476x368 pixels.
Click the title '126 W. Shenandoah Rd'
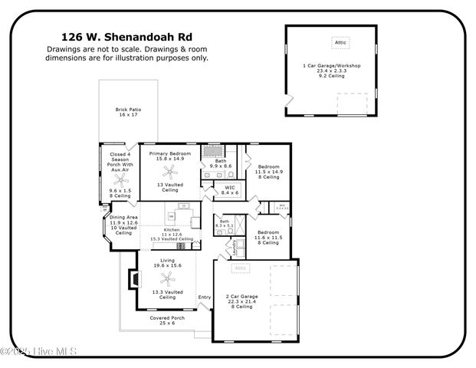point(126,36)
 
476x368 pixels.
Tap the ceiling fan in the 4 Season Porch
point(121,179)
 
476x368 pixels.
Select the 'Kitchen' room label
point(172,230)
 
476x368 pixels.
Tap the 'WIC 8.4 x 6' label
point(229,190)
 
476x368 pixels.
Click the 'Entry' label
point(204,297)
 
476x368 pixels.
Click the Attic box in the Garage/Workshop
point(341,44)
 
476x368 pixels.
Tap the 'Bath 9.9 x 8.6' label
point(220,163)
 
